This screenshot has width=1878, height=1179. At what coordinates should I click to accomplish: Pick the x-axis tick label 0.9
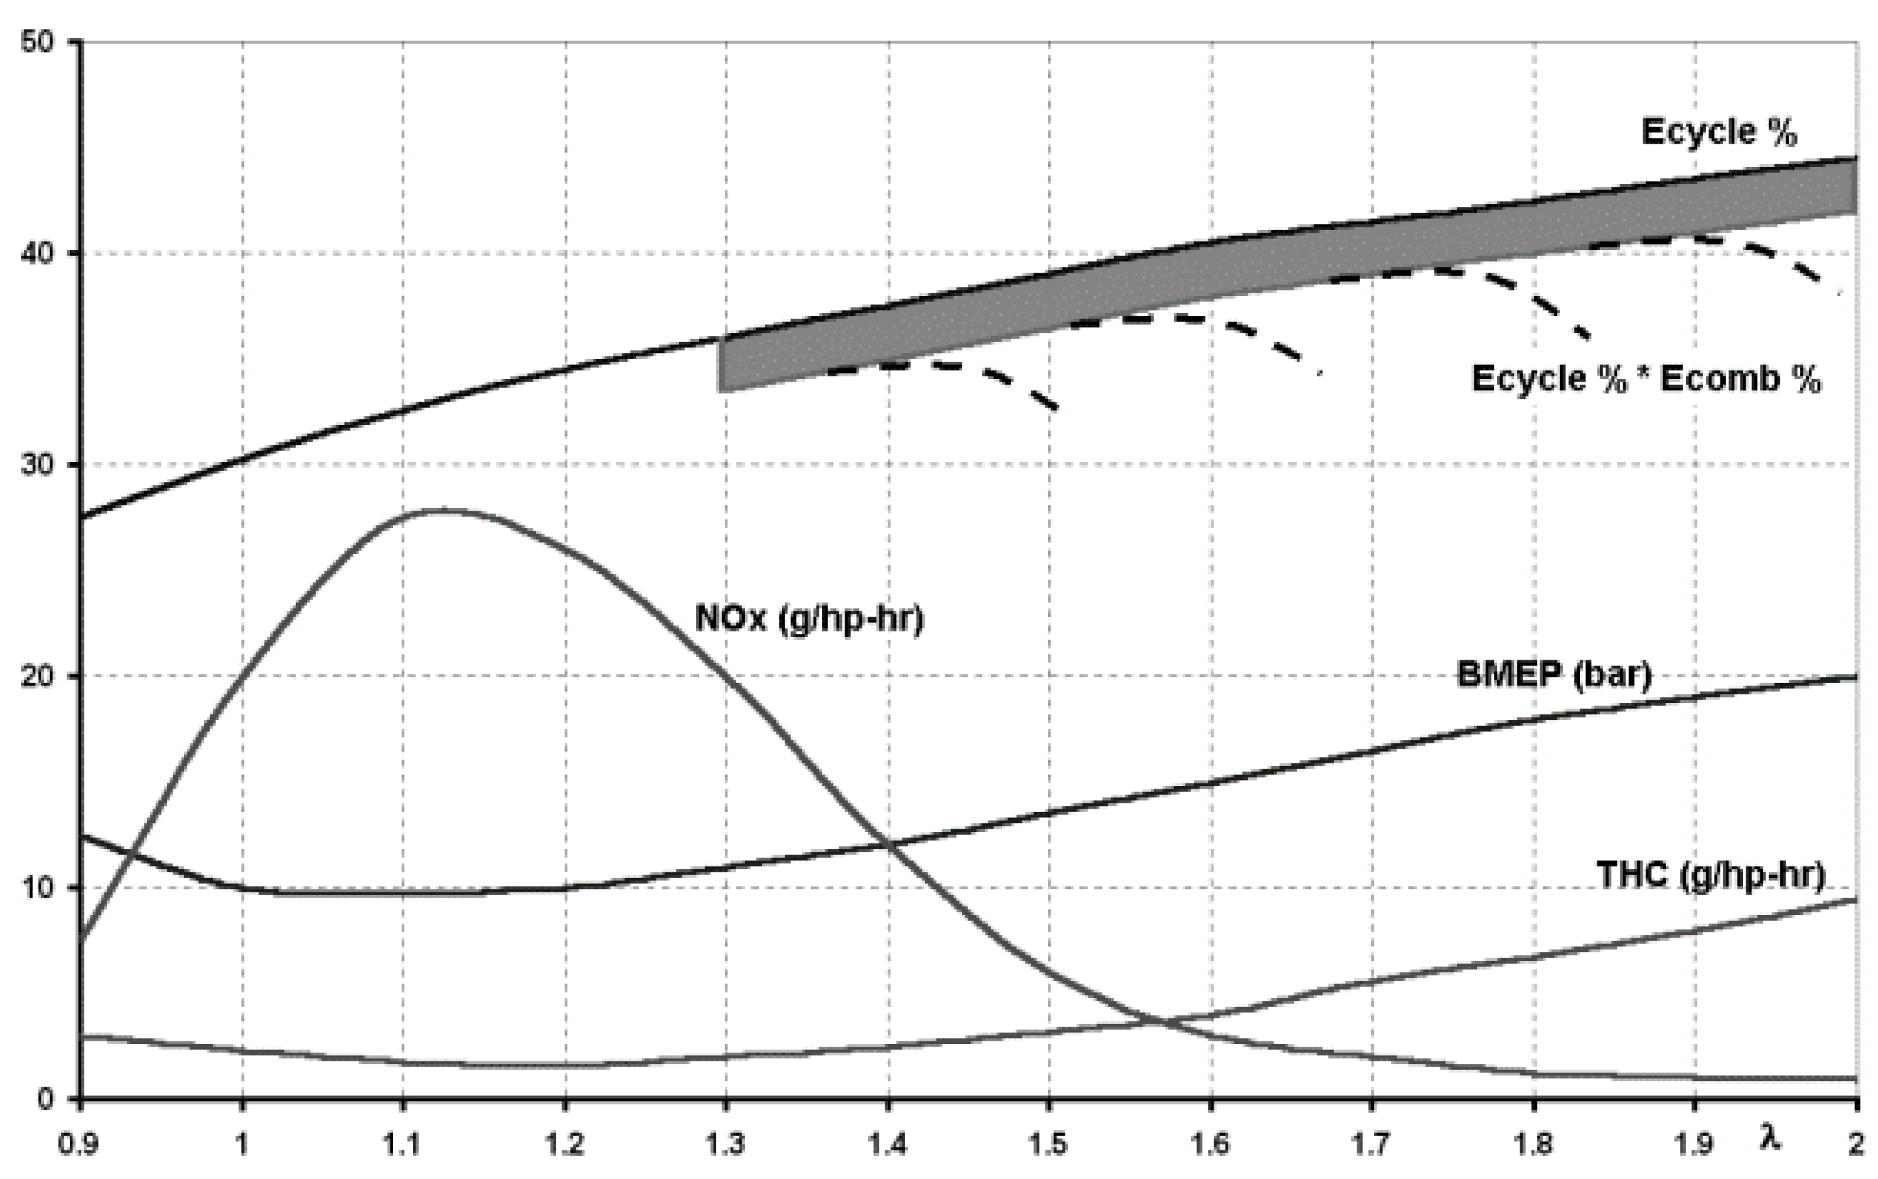(x=80, y=1144)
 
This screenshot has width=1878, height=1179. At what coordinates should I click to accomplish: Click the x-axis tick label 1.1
(x=403, y=1144)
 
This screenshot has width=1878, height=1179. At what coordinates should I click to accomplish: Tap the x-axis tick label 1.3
(x=726, y=1144)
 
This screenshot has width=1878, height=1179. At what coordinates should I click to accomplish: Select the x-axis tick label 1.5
(x=1049, y=1144)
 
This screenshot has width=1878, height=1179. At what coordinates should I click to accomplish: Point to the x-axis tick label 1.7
(x=1372, y=1144)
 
